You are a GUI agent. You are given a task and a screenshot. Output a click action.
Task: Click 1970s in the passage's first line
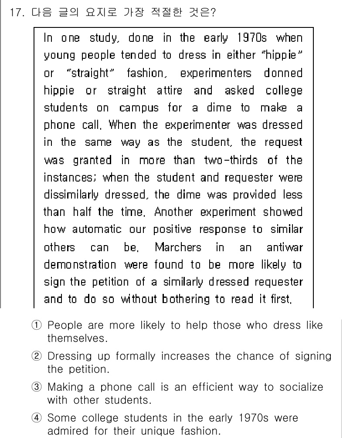[253, 38]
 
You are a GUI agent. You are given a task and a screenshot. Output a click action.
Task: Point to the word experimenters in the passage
[216, 73]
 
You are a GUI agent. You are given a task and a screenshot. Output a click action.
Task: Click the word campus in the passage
[138, 108]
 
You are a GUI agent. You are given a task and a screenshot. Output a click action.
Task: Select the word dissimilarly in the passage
[71, 195]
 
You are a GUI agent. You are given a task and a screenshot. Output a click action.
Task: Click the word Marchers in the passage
[178, 248]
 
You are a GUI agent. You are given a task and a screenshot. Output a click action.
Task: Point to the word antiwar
[284, 248]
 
